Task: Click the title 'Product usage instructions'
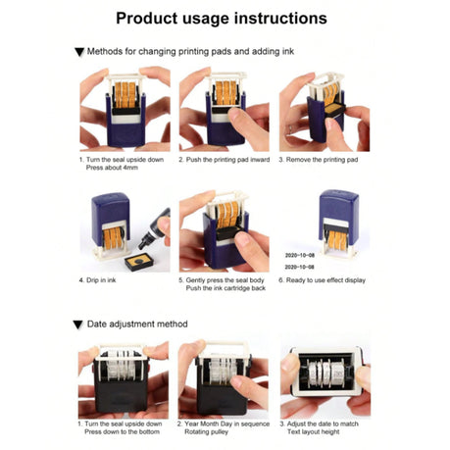(x=222, y=19)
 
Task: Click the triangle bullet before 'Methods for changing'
(x=79, y=52)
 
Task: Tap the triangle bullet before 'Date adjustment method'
(x=78, y=325)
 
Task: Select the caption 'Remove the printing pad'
(x=322, y=160)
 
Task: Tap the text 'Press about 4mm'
(x=112, y=168)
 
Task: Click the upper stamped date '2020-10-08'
(x=300, y=255)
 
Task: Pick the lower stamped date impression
(x=299, y=267)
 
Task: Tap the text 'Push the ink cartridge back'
(x=225, y=288)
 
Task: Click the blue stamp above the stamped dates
(x=339, y=223)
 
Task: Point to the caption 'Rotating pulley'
(x=206, y=432)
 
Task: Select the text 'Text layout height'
(x=314, y=432)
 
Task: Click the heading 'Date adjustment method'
(x=137, y=325)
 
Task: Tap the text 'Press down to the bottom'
(x=123, y=432)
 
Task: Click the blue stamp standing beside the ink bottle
(x=110, y=225)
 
